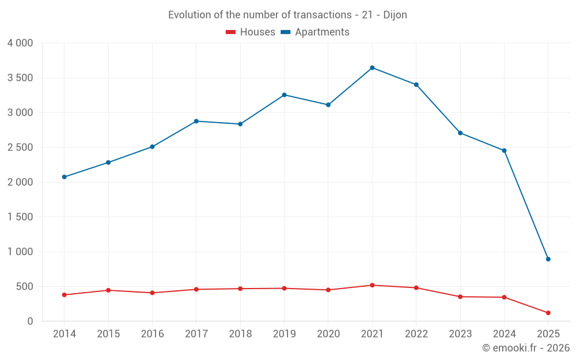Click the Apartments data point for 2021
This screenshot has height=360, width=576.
pyautogui.click(x=372, y=68)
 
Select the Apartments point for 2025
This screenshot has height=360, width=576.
pyautogui.click(x=548, y=259)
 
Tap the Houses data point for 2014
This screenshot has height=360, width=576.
pyautogui.click(x=64, y=295)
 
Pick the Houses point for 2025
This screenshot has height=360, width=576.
pyautogui.click(x=548, y=313)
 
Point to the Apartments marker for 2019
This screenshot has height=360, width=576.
pyautogui.click(x=284, y=95)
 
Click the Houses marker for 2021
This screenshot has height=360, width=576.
pyautogui.click(x=372, y=285)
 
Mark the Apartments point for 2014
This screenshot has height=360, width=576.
pyautogui.click(x=64, y=177)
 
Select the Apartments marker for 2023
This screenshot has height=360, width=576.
pyautogui.click(x=460, y=133)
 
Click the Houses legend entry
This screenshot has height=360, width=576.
pyautogui.click(x=251, y=32)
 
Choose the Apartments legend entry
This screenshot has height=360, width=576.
pyautogui.click(x=315, y=32)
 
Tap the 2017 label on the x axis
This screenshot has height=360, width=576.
pyautogui.click(x=196, y=334)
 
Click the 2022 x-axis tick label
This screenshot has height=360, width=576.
pyautogui.click(x=416, y=334)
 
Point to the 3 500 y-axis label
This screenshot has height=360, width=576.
pyautogui.click(x=20, y=78)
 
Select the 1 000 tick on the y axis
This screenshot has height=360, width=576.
pyautogui.click(x=20, y=252)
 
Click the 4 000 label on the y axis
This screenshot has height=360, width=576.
pyautogui.click(x=20, y=43)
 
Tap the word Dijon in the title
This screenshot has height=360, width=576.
pyautogui.click(x=395, y=15)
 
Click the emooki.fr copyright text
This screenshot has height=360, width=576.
pyautogui.click(x=526, y=348)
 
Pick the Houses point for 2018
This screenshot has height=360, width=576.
pyautogui.click(x=240, y=289)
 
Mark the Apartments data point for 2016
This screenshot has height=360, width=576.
pyautogui.click(x=152, y=147)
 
